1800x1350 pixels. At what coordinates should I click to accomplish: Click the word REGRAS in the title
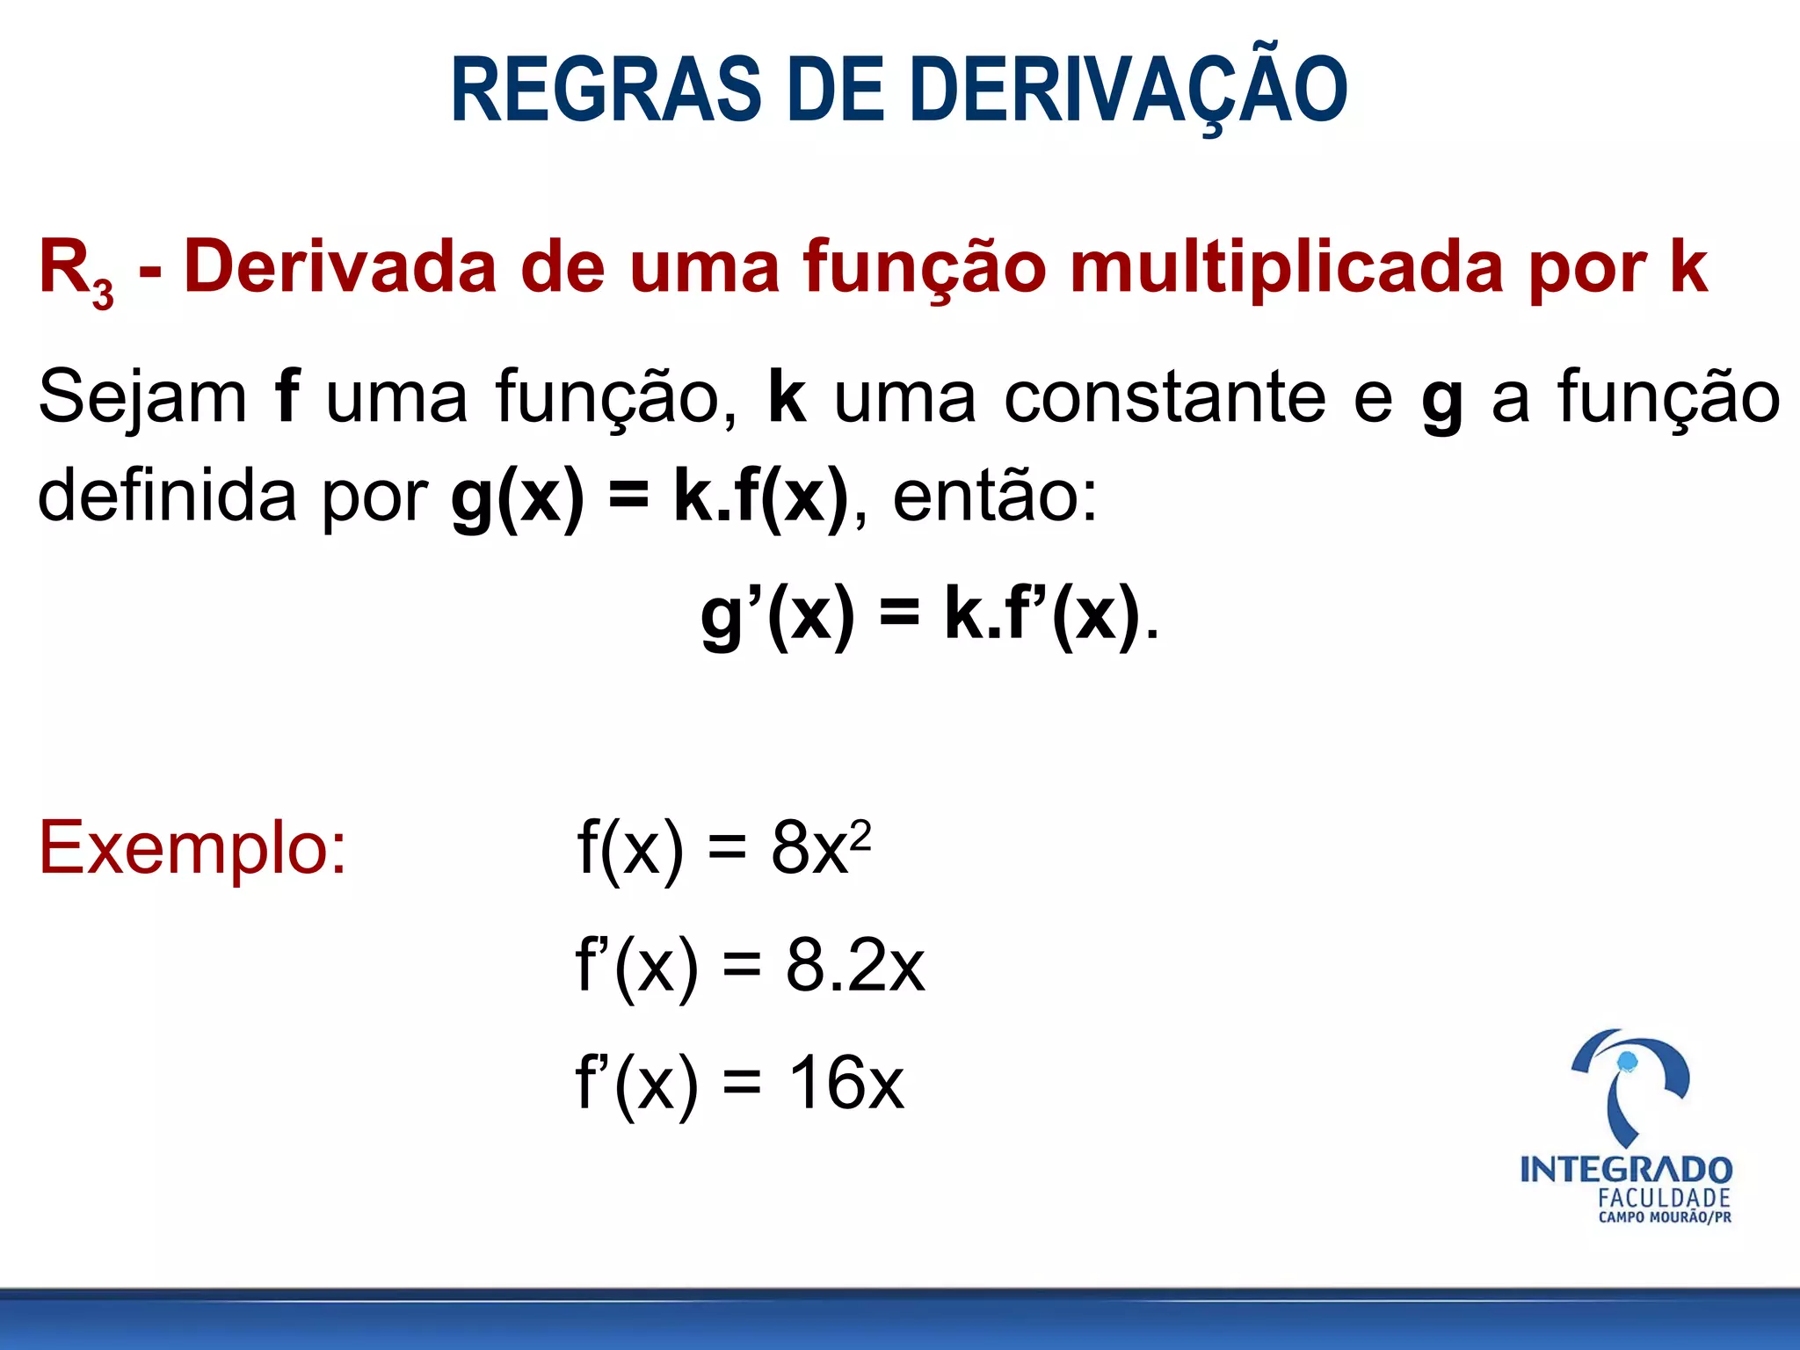(x=606, y=90)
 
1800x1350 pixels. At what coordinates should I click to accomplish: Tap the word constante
(x=1164, y=397)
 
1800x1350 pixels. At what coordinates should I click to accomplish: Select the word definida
(x=167, y=496)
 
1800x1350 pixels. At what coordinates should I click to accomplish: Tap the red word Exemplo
(x=192, y=847)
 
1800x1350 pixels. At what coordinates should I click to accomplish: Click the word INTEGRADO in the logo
(x=1626, y=1170)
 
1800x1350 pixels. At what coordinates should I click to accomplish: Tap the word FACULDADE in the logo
(x=1664, y=1198)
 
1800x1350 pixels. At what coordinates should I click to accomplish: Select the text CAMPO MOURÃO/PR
(x=1665, y=1218)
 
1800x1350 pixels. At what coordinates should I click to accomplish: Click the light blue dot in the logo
(x=1627, y=1062)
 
